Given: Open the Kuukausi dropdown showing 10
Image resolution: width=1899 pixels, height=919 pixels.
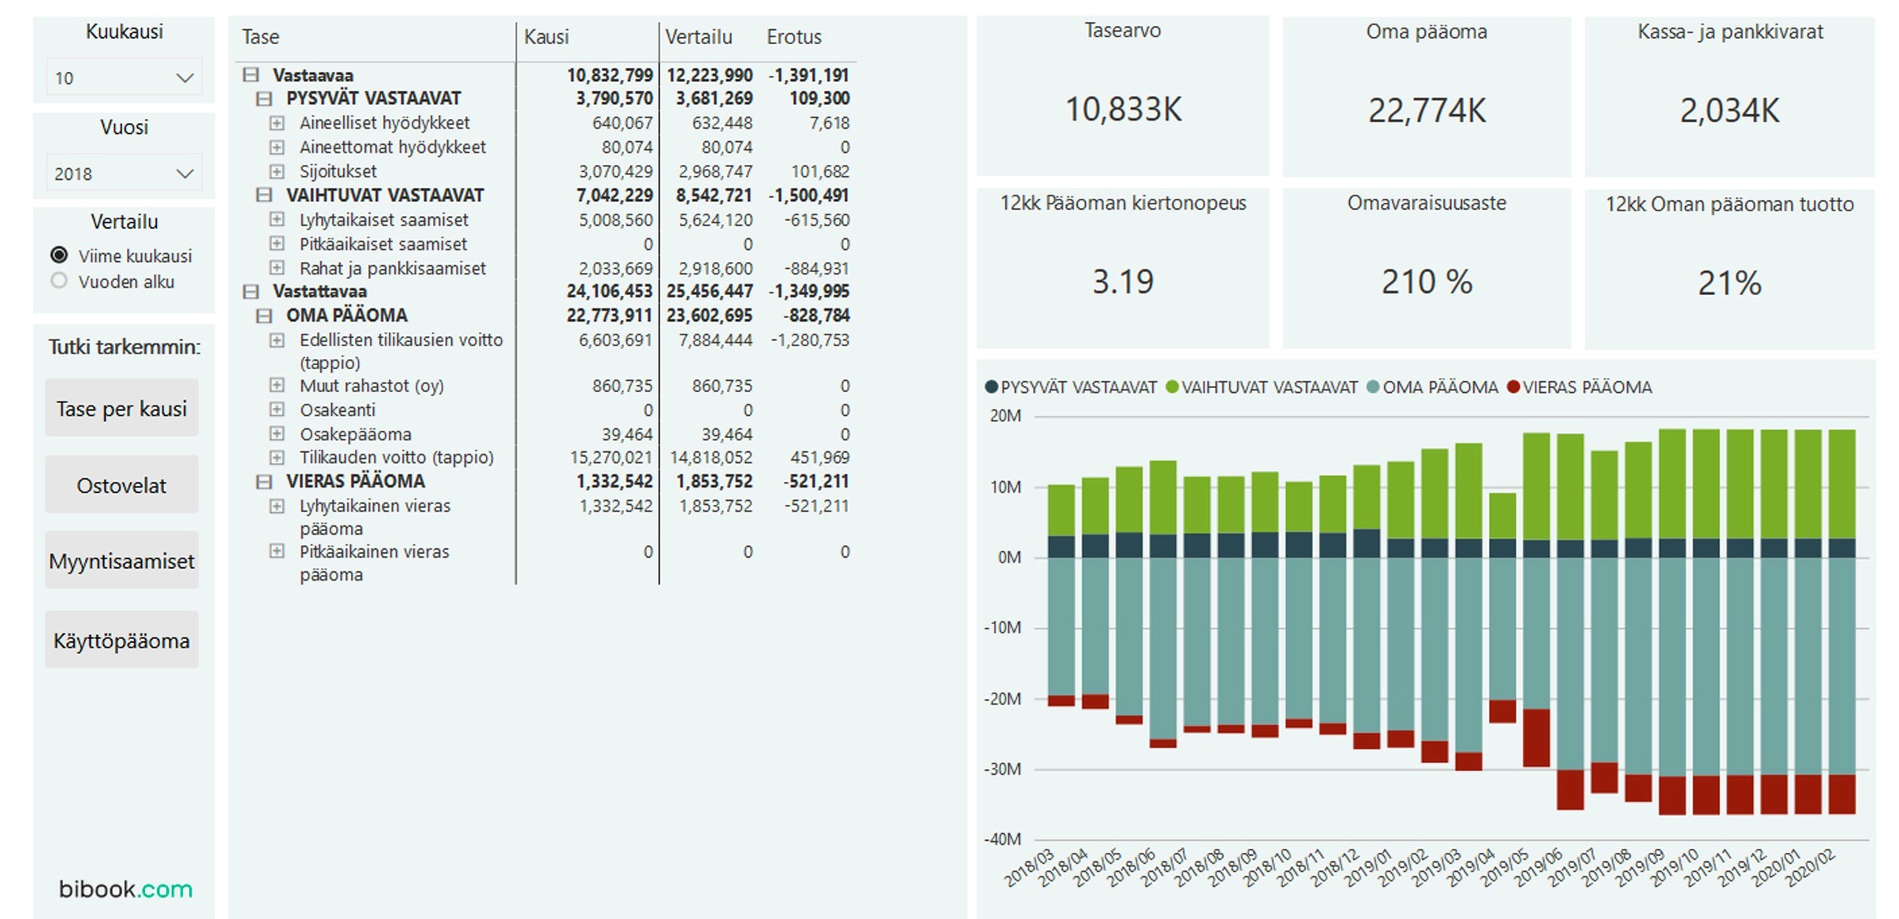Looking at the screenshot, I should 124,78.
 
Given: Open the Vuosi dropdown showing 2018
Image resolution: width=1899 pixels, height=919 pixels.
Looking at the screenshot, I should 124,174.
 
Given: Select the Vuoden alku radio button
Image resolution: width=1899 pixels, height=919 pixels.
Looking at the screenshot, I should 59,282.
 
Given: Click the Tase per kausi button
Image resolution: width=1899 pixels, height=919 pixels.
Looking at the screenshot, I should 121,409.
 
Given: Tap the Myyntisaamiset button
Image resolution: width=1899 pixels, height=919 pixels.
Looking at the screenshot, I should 121,561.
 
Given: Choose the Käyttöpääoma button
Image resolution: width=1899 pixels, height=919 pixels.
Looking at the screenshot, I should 121,641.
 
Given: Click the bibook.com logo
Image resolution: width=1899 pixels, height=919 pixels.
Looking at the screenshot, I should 125,889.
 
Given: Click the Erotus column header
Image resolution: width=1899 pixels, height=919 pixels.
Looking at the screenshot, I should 793,37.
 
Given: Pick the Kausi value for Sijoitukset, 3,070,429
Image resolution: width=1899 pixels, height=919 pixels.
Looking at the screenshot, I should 615,171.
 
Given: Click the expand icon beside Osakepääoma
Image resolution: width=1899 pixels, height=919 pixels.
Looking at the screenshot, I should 277,434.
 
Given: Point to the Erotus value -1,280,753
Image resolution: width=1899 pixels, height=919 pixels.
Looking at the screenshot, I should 810,340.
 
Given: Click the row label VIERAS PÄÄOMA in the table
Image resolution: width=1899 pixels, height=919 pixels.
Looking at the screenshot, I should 355,481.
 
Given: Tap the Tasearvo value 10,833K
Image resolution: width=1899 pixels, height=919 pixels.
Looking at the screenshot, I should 1123,110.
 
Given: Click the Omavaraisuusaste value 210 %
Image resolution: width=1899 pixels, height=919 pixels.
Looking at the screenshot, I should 1427,282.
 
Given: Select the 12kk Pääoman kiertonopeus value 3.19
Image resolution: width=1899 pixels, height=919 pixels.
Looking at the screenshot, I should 1123,282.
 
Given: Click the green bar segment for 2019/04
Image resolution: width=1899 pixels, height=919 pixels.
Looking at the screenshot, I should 1502,516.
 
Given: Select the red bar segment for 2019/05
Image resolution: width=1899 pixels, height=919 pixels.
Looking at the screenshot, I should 1536,738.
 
